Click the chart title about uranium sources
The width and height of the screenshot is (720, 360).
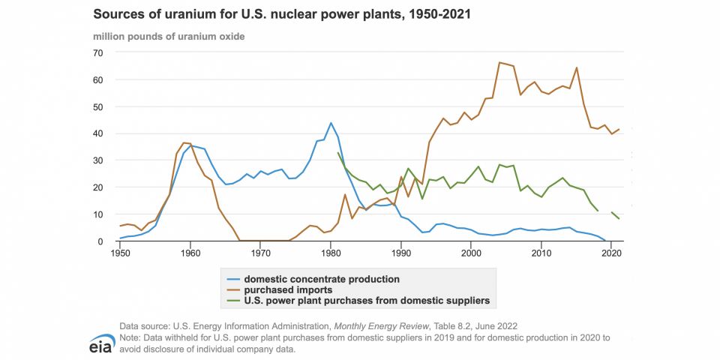[281, 14]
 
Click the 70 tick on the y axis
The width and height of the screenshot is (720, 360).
[98, 52]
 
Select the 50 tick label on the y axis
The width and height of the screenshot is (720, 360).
[98, 106]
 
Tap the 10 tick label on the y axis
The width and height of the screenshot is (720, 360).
[98, 214]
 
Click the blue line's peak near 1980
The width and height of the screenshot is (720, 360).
[331, 123]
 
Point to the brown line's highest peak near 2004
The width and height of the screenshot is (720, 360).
[499, 62]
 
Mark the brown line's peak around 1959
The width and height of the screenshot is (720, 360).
[184, 142]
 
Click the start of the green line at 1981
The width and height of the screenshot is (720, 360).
[338, 153]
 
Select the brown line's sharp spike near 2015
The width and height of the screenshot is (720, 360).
[576, 67]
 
